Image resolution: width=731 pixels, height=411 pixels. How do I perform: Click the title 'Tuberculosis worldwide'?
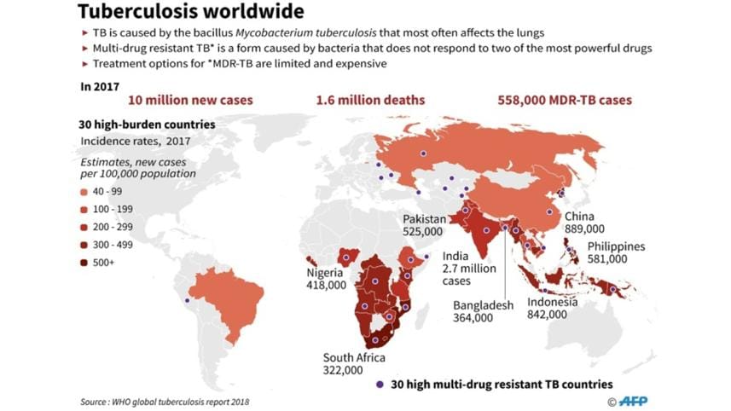tap(190, 11)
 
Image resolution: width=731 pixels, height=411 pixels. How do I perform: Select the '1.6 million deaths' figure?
tap(370, 100)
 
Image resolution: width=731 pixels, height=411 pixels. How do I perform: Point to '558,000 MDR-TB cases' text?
tap(565, 100)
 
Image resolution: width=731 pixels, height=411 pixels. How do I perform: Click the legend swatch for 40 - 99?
tap(86, 193)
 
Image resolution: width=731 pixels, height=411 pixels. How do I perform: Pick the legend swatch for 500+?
tap(86, 263)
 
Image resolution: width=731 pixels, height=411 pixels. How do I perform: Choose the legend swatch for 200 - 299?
tap(86, 228)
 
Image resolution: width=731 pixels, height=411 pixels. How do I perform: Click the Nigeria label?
tap(325, 273)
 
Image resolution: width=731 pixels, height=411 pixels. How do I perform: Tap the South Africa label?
tap(354, 357)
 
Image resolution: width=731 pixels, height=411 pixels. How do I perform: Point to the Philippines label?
tap(616, 247)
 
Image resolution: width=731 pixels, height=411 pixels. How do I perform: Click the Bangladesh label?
tap(484, 305)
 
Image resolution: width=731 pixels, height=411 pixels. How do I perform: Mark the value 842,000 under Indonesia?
tap(547, 314)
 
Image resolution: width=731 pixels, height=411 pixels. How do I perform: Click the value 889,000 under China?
tap(584, 229)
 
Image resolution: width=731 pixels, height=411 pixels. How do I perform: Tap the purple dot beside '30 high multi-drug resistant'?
tap(379, 384)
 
